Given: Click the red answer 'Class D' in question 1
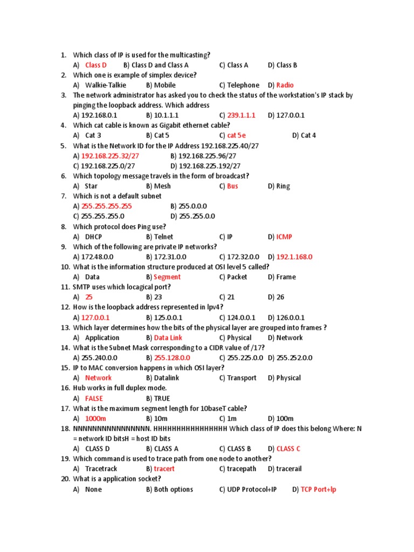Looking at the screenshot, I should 96,65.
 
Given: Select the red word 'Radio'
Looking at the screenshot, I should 285,85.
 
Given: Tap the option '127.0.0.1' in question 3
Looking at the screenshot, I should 291,115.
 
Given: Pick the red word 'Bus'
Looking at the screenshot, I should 232,187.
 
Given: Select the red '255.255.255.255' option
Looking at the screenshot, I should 106,206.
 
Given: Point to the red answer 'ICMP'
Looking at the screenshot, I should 284,237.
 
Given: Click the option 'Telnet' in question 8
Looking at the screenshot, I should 163,237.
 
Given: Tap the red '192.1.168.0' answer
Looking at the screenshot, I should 294,257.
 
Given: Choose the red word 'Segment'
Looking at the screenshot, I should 167,277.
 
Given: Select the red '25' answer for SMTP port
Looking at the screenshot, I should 89,297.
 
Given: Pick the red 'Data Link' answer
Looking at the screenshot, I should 168,338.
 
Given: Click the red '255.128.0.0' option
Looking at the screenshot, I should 172,358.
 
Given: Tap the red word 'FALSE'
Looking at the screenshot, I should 94,399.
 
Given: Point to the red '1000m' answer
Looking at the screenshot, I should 96,419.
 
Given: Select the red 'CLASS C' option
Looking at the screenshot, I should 288,449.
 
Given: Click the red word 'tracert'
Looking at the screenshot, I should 164,469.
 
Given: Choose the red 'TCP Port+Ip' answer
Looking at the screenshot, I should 318,489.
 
